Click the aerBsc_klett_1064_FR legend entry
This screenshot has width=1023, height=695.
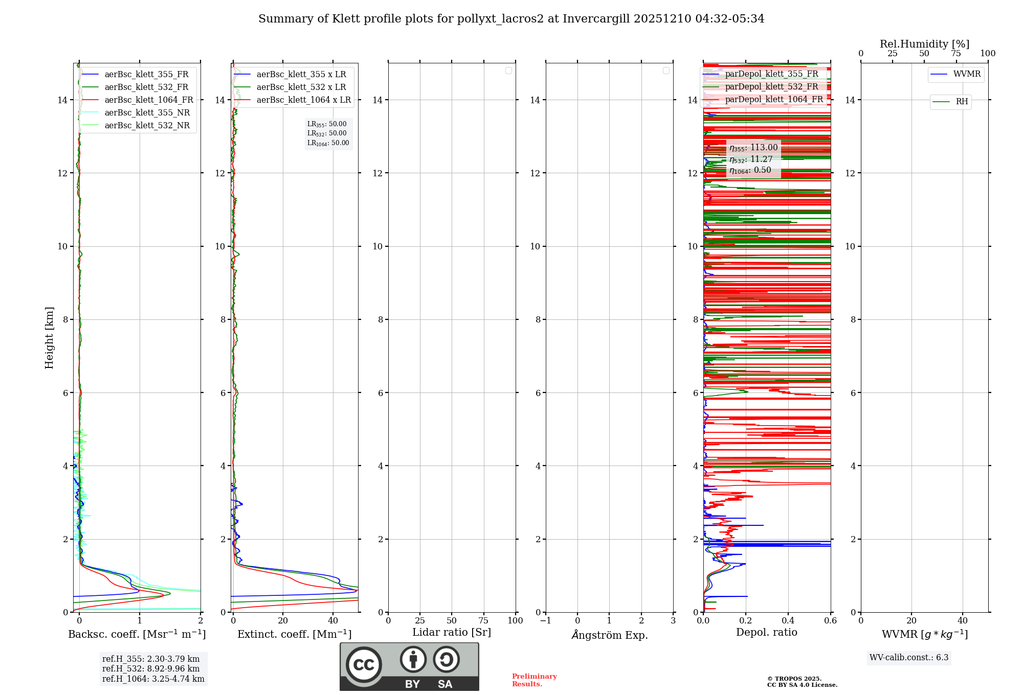click(x=149, y=100)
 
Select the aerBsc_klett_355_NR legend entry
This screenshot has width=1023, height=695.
click(x=147, y=113)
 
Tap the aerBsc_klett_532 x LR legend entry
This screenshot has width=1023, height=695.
click(x=301, y=87)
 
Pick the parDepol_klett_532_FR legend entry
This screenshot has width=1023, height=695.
click(x=771, y=87)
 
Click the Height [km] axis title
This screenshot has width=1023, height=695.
click(x=49, y=338)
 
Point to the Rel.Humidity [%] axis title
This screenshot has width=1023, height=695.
click(x=924, y=44)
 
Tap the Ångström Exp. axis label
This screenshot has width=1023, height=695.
click(x=609, y=635)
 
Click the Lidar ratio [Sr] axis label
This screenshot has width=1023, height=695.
click(x=452, y=633)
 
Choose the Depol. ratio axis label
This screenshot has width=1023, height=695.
click(x=766, y=633)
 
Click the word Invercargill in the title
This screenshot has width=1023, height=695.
click(x=596, y=19)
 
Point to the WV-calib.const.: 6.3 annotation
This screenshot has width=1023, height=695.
click(x=909, y=658)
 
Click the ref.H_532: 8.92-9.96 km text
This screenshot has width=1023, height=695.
click(x=151, y=669)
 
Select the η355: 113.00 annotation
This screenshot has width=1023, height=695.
click(x=753, y=148)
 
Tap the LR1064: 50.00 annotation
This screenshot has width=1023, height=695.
click(x=328, y=143)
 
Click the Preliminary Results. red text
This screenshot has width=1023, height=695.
click(x=534, y=680)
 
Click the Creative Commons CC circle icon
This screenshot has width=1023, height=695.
click(x=364, y=665)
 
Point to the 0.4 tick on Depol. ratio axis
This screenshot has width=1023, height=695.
click(x=788, y=621)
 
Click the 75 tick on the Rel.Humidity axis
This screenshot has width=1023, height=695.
click(x=956, y=54)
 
